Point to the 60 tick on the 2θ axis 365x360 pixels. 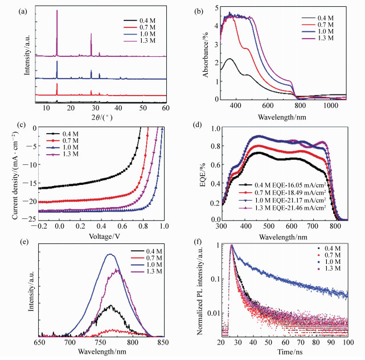(x=165, y=107)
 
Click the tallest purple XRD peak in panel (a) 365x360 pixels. (x=57, y=11)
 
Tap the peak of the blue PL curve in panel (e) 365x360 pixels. (x=110, y=254)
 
